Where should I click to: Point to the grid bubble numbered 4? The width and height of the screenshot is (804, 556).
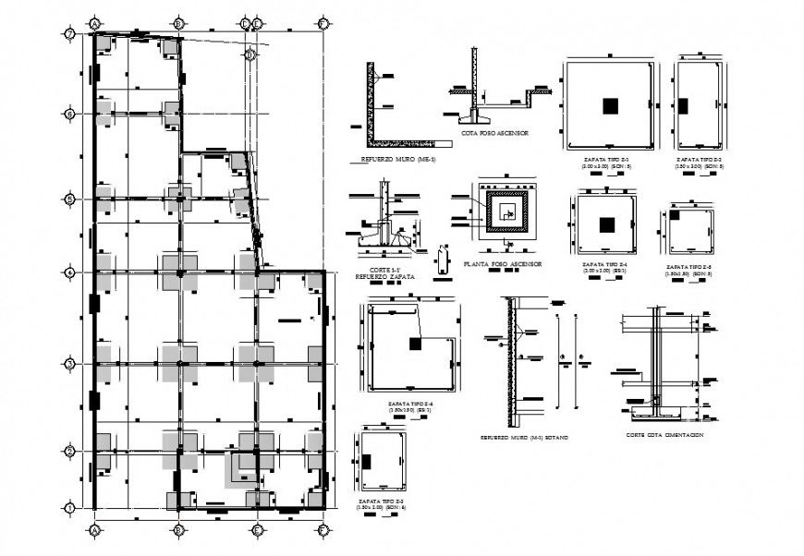[x=68, y=272]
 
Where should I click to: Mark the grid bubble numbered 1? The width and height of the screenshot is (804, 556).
[x=68, y=508]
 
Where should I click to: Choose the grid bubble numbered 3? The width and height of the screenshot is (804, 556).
[x=68, y=365]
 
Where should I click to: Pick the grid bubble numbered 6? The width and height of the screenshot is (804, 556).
[x=68, y=114]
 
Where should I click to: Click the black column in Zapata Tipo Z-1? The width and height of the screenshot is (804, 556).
[x=610, y=106]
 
